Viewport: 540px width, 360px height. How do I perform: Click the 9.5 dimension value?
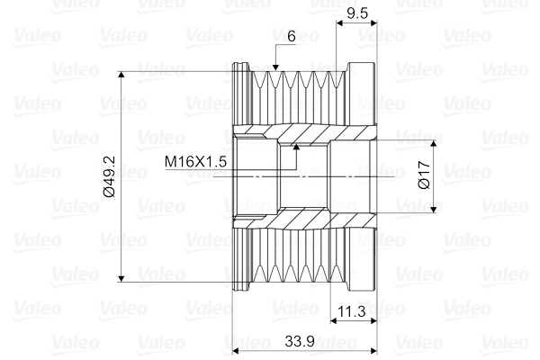(x=357, y=13)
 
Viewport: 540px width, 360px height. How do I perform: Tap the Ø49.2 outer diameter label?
(x=109, y=175)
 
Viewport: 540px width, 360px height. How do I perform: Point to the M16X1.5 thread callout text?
(x=195, y=161)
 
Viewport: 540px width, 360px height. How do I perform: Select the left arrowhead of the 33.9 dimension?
(x=238, y=350)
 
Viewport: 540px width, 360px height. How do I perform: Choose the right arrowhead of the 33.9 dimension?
(x=369, y=350)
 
